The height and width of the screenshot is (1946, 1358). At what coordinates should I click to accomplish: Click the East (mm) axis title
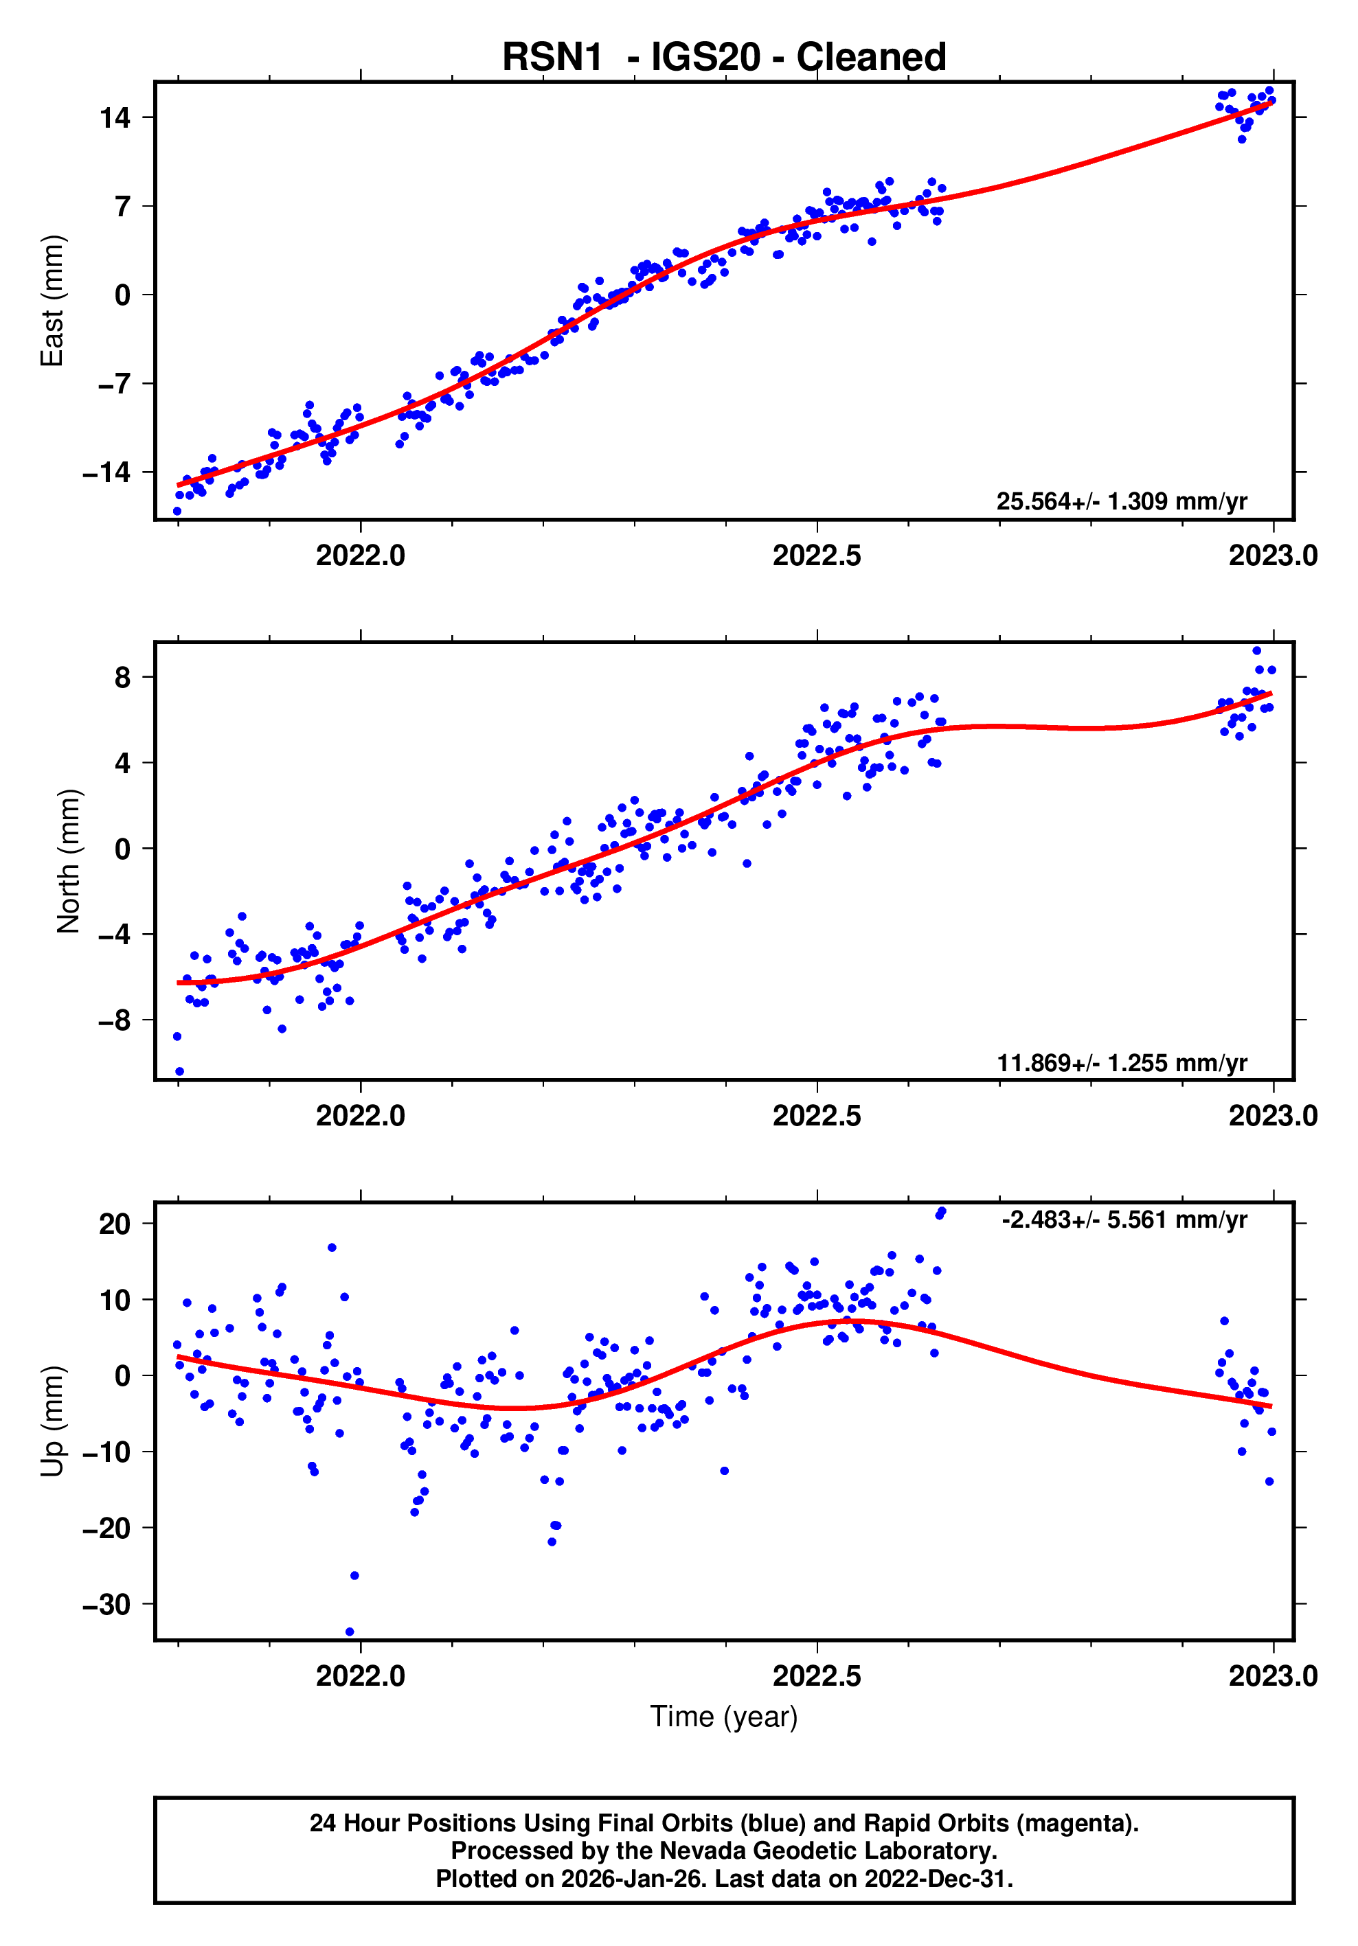tap(52, 301)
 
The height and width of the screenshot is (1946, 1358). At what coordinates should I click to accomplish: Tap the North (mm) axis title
tap(69, 861)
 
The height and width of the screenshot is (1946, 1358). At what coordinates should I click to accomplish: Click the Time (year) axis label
tap(723, 1716)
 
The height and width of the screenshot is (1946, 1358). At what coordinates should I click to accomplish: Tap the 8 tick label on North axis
tap(123, 677)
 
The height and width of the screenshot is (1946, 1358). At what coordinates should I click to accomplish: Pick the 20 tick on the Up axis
tap(115, 1224)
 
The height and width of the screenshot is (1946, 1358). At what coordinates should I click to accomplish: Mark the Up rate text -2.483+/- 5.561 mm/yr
tap(1123, 1220)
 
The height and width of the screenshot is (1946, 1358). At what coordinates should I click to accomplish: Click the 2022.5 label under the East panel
tap(815, 556)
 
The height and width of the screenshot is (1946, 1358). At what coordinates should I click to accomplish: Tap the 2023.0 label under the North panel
tap(1272, 1117)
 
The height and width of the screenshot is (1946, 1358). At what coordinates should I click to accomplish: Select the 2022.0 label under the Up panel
tap(360, 1676)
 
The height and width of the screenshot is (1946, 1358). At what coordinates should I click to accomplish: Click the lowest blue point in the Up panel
tap(349, 1632)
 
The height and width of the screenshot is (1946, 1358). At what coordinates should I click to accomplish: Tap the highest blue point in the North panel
tap(1256, 651)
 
